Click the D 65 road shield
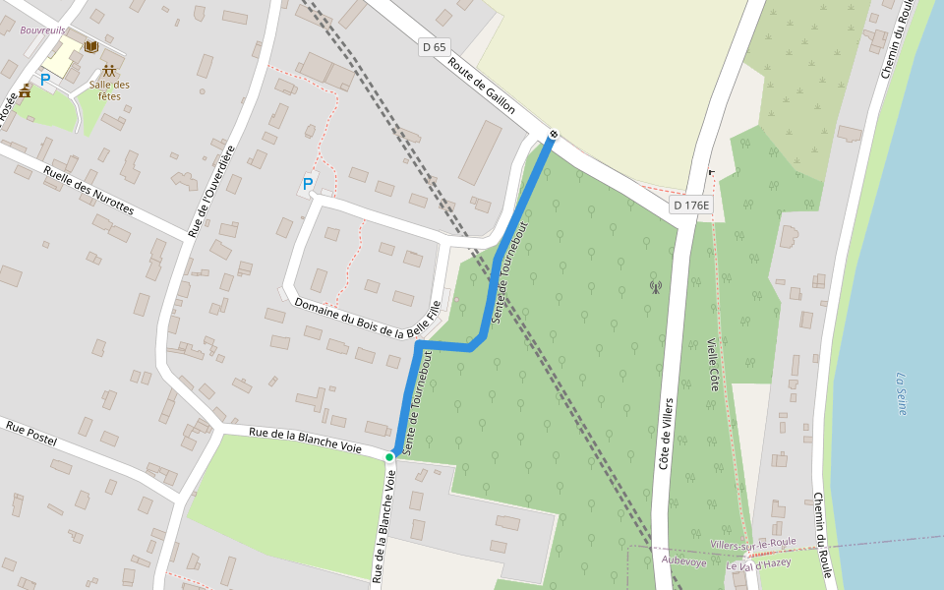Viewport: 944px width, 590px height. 434,46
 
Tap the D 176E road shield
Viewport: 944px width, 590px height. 690,205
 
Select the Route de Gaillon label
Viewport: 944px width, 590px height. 482,87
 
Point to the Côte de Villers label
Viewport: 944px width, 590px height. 666,434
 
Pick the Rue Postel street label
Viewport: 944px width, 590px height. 31,434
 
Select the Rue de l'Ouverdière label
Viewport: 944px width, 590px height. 211,191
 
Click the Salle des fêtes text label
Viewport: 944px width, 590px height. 109,90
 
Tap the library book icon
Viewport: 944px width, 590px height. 91,46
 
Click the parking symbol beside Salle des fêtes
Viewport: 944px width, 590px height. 44,79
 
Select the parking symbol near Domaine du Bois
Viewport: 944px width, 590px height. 308,184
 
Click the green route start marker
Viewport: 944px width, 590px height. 389,457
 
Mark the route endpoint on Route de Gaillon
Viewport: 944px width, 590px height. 554,135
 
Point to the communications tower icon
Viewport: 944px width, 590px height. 656,287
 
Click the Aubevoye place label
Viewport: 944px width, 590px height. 684,560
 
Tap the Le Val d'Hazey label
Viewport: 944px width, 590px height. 758,564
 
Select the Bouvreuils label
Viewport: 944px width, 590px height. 42,30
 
